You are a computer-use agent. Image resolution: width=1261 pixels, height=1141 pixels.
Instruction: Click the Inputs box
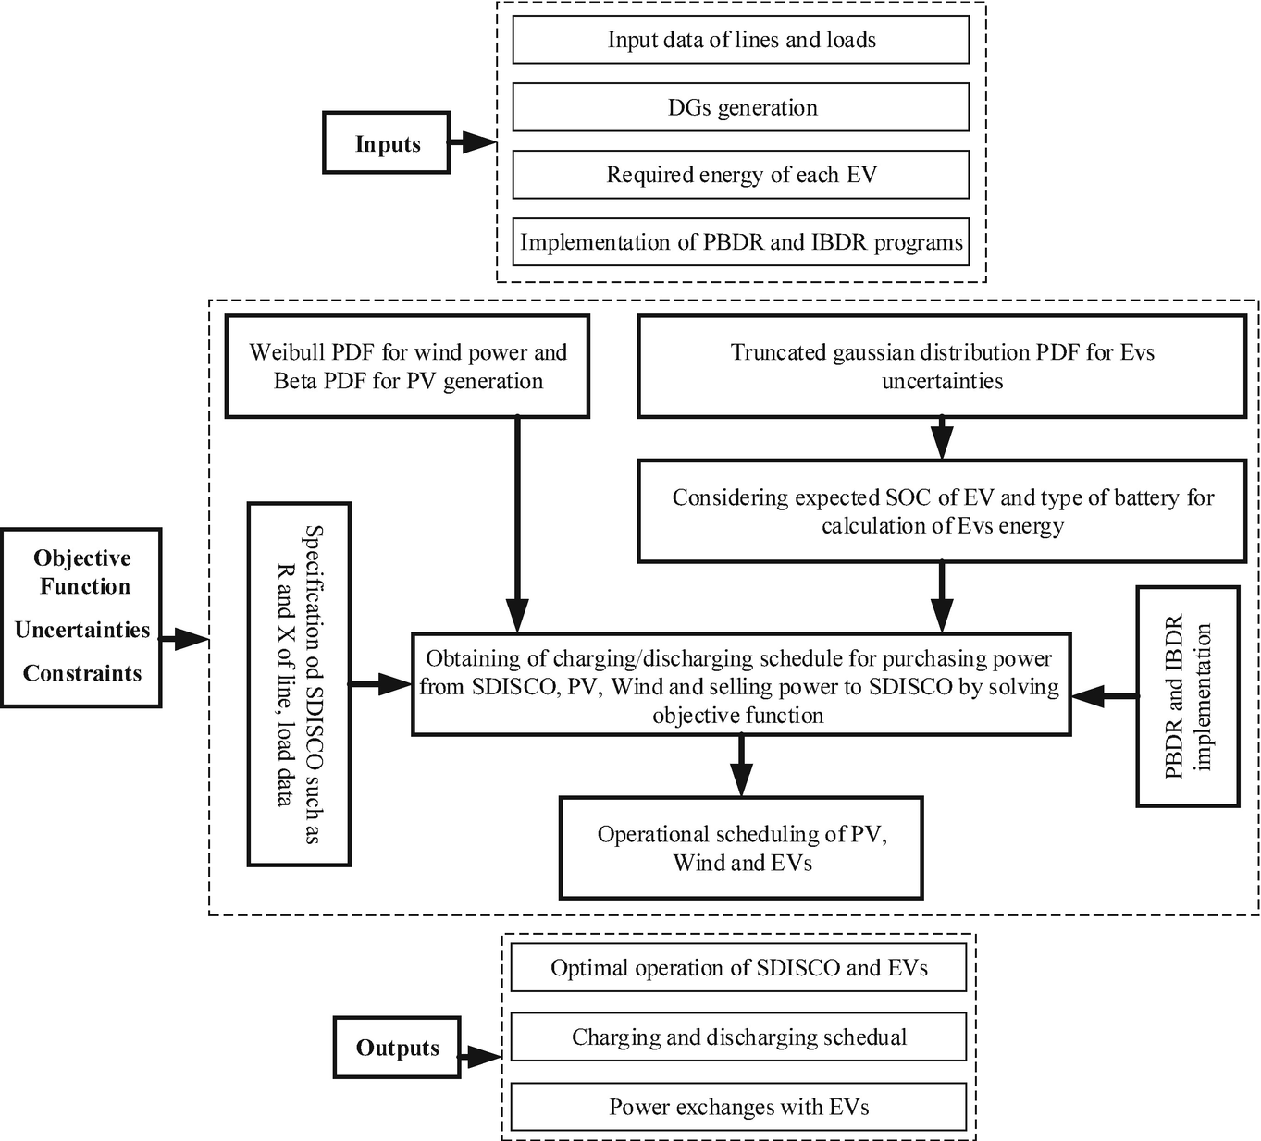coord(386,142)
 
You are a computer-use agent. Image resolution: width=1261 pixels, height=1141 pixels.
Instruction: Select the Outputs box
coord(397,1048)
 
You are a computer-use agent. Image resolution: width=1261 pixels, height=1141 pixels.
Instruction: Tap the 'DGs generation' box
coord(740,107)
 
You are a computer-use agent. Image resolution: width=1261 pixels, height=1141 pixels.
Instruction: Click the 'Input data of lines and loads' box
coord(740,40)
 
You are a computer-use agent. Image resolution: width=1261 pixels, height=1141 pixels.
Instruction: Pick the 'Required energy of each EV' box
coord(740,175)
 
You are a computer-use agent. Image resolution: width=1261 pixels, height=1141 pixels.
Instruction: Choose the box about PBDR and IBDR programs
coord(740,242)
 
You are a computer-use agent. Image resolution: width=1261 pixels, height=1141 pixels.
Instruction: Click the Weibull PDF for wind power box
coord(407,366)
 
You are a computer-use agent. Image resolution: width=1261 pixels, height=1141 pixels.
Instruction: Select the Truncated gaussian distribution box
coord(942,366)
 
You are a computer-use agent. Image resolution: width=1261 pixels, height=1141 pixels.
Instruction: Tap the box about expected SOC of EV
coord(942,510)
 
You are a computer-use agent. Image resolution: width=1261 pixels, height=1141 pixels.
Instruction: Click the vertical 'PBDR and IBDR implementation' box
coord(1188,696)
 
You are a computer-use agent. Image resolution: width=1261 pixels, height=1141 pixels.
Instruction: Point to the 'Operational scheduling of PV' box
coord(741,848)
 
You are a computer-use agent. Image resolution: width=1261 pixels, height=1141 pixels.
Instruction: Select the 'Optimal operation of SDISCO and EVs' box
coord(738,967)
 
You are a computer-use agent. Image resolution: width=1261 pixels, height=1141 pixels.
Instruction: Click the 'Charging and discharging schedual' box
coord(738,1037)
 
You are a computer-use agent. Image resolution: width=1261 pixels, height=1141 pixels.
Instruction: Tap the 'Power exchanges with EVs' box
coord(738,1107)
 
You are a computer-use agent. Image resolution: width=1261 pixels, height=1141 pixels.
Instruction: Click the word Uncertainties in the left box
coord(82,630)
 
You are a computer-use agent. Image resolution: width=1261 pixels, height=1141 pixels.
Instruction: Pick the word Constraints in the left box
coord(82,673)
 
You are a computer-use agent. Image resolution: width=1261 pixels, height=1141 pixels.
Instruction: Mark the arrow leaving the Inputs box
coord(473,142)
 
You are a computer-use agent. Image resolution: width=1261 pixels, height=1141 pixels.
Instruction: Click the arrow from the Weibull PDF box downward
coord(517,524)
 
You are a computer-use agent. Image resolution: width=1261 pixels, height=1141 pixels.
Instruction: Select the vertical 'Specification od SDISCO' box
coord(299,684)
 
